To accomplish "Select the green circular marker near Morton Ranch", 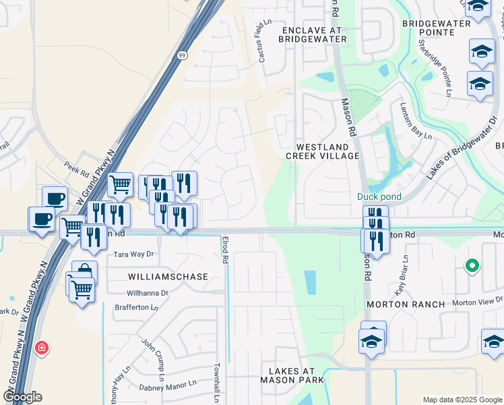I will click(x=472, y=265).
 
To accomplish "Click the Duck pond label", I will click(x=379, y=197).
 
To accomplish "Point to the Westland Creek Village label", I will click(x=322, y=151).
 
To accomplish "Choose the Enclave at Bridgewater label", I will click(x=314, y=35).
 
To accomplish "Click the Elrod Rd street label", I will click(x=226, y=250).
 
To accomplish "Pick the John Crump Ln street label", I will click(x=154, y=355).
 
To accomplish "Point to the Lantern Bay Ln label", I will click(x=410, y=119).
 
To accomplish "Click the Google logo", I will click(x=22, y=397).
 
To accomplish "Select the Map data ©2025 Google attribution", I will click(x=462, y=400).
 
